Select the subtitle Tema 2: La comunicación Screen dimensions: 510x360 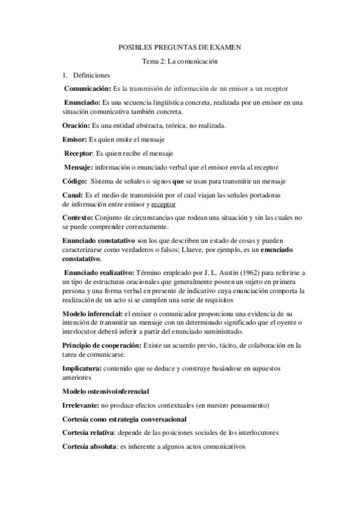click(x=179, y=61)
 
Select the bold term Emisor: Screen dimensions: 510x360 click(x=75, y=140)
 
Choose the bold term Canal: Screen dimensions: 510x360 click(x=73, y=195)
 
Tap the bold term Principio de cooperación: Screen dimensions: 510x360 click(x=102, y=345)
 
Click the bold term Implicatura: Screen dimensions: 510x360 click(x=82, y=367)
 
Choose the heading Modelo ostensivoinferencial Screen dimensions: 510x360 click(x=106, y=392)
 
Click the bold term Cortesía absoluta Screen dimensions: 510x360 click(x=89, y=447)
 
